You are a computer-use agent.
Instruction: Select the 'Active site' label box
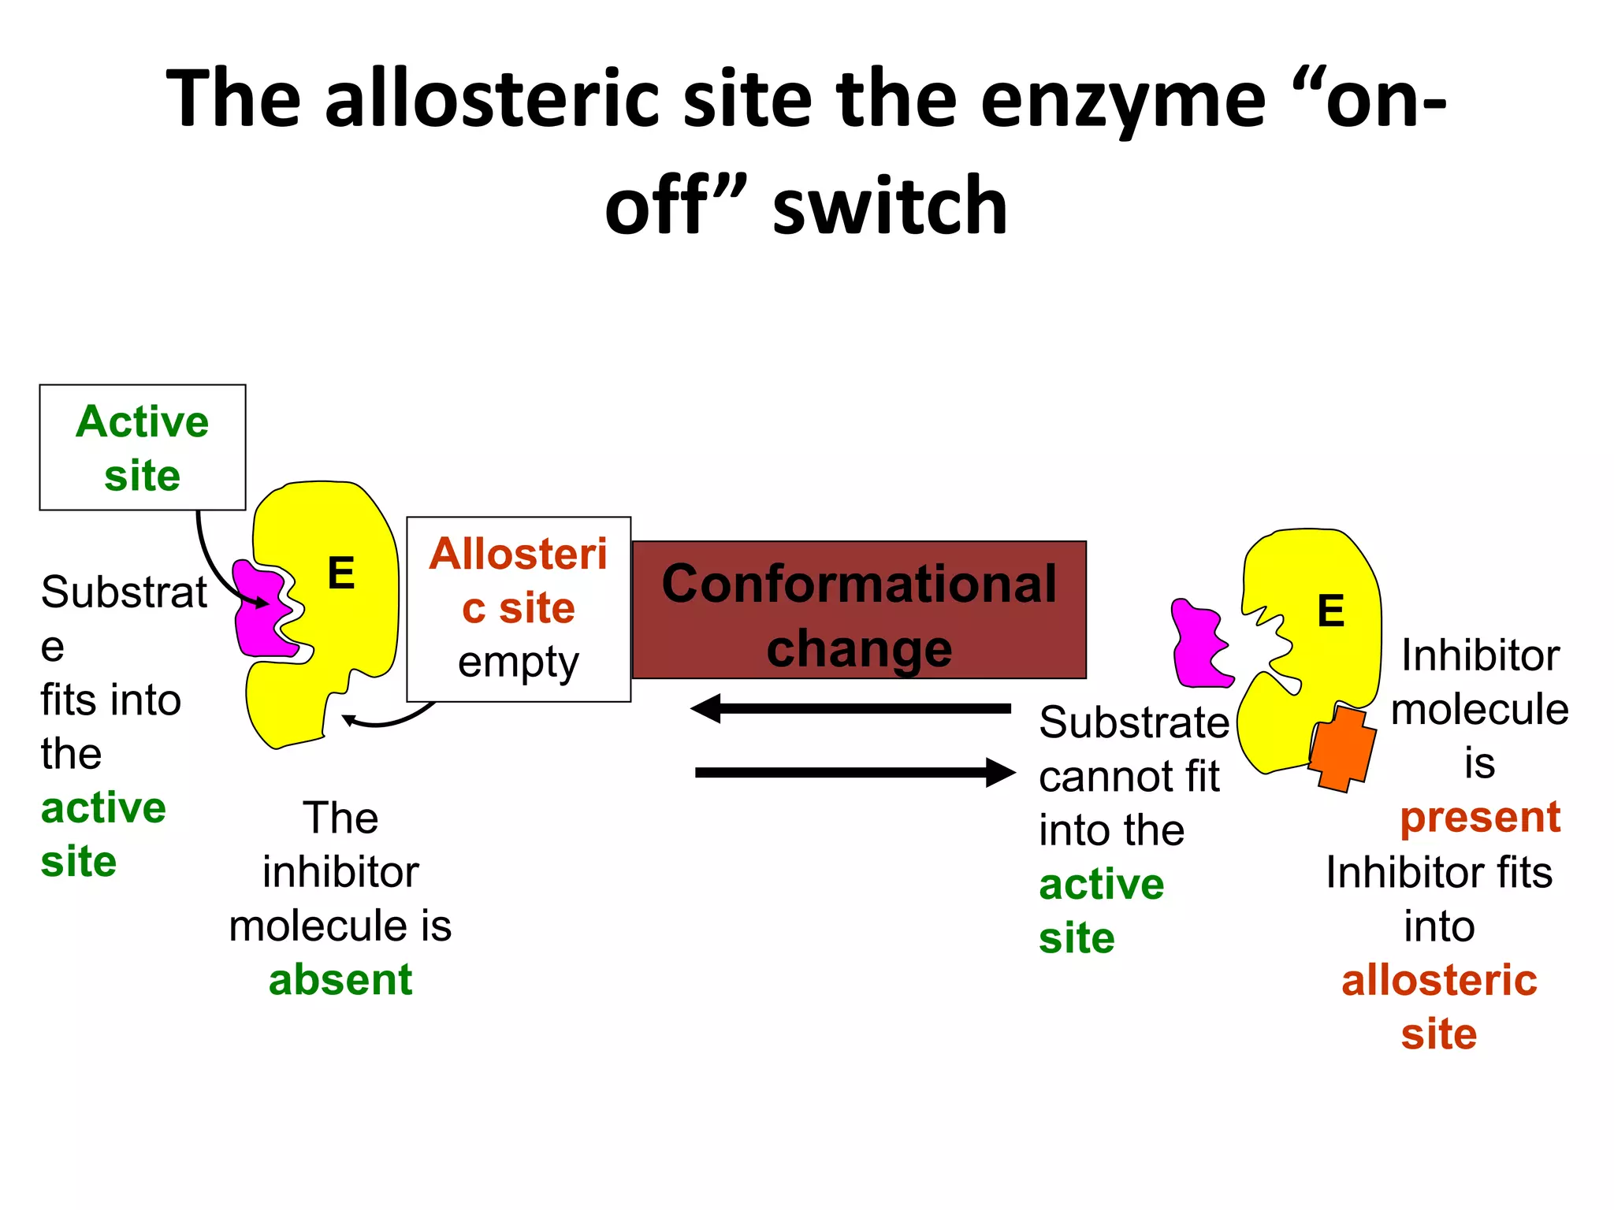click(143, 447)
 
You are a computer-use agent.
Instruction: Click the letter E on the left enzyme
click(340, 573)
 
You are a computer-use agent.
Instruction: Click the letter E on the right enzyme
click(1330, 611)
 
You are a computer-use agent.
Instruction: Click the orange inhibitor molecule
click(1342, 748)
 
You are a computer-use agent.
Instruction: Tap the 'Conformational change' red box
click(859, 611)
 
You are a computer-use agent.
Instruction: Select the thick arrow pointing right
click(856, 773)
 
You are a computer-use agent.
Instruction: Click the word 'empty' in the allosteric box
click(518, 663)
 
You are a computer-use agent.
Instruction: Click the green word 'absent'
click(340, 980)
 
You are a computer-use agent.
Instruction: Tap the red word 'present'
click(1479, 817)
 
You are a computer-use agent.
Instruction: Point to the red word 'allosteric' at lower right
click(1439, 981)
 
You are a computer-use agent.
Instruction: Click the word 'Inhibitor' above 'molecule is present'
click(1479, 655)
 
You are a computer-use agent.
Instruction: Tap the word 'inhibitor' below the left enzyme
click(340, 873)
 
